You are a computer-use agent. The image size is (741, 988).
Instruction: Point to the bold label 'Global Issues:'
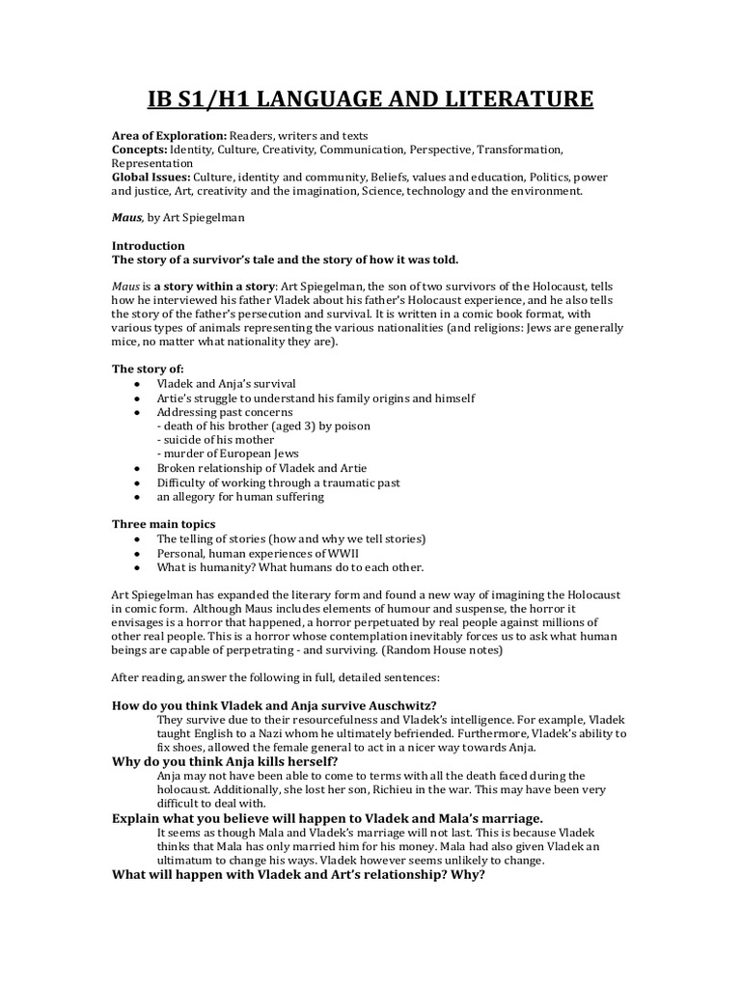point(151,178)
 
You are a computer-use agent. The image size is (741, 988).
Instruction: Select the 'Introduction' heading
point(148,246)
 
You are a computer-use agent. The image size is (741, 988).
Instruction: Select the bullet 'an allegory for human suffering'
point(240,497)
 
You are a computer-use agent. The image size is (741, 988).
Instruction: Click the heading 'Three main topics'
point(163,524)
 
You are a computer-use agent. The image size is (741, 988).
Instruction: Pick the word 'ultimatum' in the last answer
point(184,860)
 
